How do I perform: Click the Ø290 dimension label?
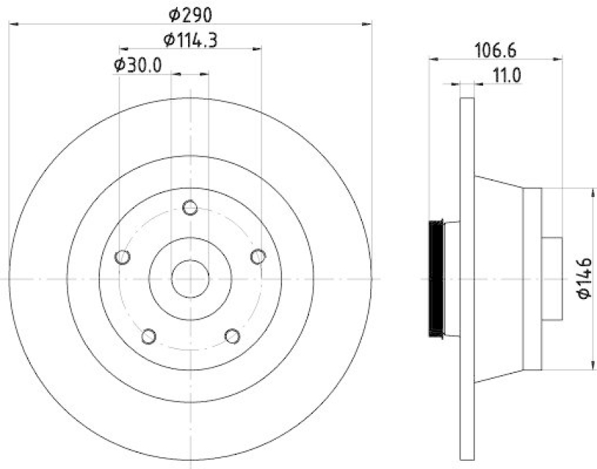tap(190, 13)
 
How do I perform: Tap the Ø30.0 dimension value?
tap(138, 65)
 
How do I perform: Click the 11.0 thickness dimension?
tap(506, 75)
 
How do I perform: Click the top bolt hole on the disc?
tap(190, 208)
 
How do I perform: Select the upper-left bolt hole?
tap(123, 257)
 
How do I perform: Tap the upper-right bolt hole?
tap(258, 256)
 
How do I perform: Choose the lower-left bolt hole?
tap(149, 336)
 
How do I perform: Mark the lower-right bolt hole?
tap(232, 336)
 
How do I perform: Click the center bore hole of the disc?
tap(190, 279)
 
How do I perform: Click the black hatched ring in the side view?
tap(436, 279)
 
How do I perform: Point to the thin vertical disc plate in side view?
tap(467, 279)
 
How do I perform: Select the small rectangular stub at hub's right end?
tap(551, 279)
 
